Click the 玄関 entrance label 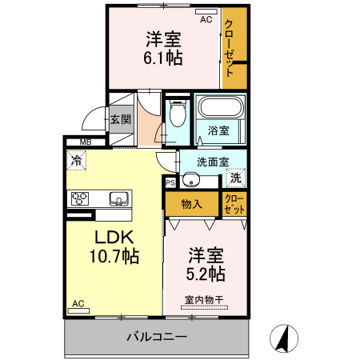coord(121,120)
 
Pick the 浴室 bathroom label coord(218,130)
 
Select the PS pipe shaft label coord(170,182)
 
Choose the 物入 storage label coord(191,204)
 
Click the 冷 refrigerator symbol coord(76,160)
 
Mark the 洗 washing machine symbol coord(236,178)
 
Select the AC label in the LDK coord(78,303)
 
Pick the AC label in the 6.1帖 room coord(206,19)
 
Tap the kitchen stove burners coord(80,199)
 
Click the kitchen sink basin coord(117,198)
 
